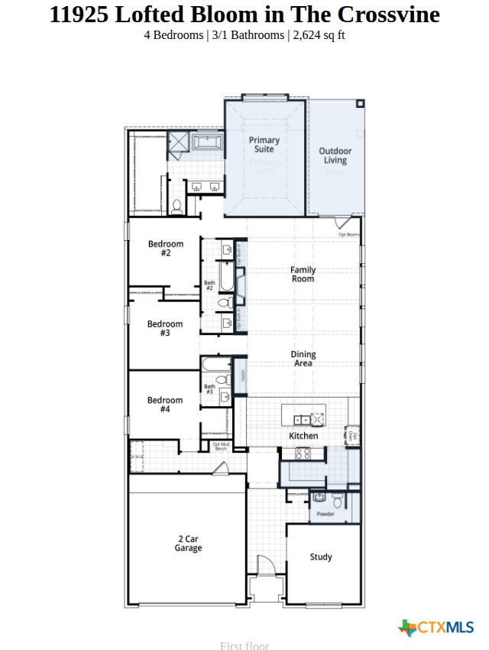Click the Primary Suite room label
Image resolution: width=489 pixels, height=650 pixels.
click(x=264, y=145)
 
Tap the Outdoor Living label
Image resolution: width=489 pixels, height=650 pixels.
click(x=335, y=156)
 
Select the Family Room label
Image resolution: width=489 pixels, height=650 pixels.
click(x=303, y=275)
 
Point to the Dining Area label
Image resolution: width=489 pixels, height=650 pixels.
click(x=303, y=359)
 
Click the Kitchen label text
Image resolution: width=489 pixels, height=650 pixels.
click(x=303, y=436)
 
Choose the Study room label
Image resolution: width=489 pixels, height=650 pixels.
click(x=321, y=557)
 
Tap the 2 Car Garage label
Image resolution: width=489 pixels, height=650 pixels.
click(x=188, y=543)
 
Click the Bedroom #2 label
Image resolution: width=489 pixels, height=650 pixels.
click(x=165, y=249)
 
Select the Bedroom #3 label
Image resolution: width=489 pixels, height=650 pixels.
click(x=165, y=329)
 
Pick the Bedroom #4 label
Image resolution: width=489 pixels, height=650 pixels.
click(x=165, y=405)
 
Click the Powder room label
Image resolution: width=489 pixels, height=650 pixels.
click(x=325, y=514)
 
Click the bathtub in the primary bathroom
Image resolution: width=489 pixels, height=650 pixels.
click(x=206, y=142)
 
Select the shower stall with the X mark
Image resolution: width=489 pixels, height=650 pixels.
click(x=178, y=142)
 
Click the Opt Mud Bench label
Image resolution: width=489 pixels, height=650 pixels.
click(x=220, y=447)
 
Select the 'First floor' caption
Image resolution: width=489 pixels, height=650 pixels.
click(x=244, y=645)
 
